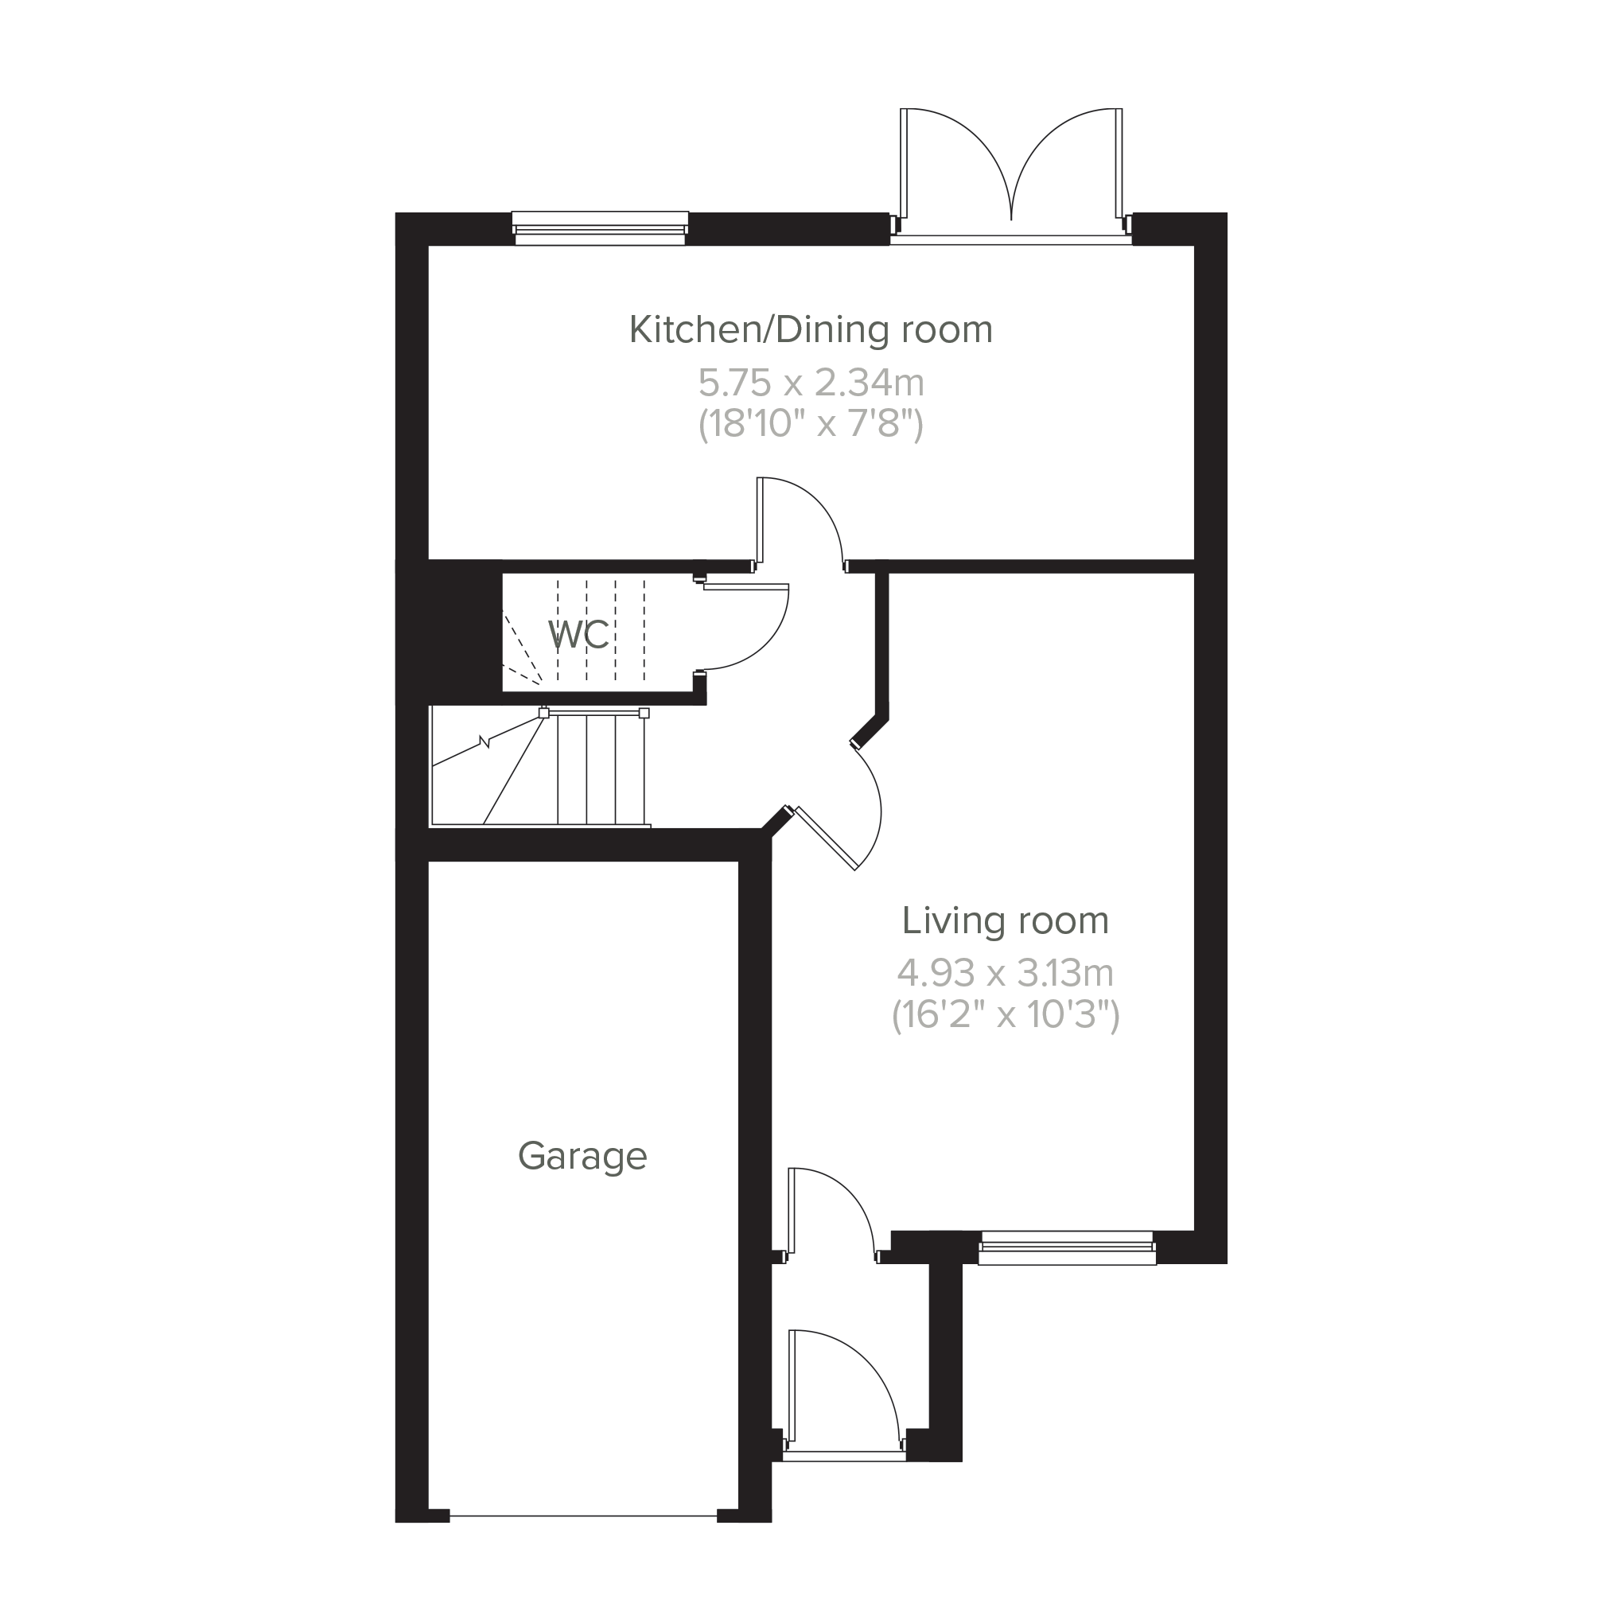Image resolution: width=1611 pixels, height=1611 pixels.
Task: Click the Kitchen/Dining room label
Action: coord(811,330)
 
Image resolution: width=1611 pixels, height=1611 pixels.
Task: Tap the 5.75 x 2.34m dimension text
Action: coord(811,383)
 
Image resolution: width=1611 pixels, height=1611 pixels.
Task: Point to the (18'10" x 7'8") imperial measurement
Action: coord(811,425)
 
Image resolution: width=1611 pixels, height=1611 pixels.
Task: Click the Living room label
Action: coord(1006,920)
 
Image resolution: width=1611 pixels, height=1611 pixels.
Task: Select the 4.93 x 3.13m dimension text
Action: coord(1006,972)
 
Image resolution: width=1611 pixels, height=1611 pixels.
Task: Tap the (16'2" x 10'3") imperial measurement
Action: coord(1006,1015)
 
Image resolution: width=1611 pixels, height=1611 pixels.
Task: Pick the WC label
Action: coord(579,635)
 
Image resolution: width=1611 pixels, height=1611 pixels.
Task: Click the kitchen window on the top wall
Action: coord(601,228)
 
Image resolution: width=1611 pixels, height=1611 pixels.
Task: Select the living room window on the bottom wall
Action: coord(1068,1248)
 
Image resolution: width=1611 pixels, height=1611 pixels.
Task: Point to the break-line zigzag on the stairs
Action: coord(484,741)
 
